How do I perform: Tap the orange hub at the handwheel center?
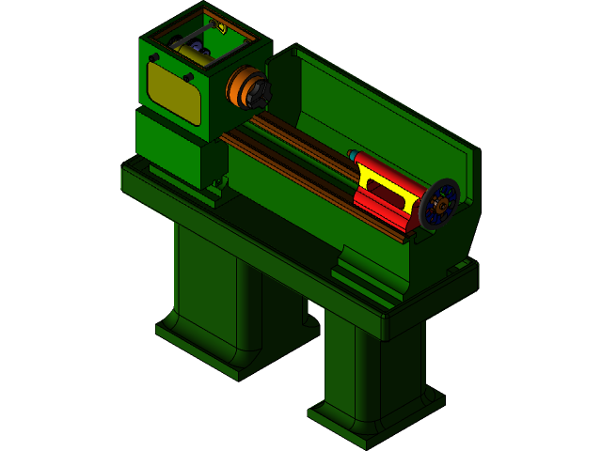click(x=438, y=205)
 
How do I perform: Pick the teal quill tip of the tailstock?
click(x=354, y=155)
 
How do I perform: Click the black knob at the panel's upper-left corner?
click(x=152, y=57)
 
